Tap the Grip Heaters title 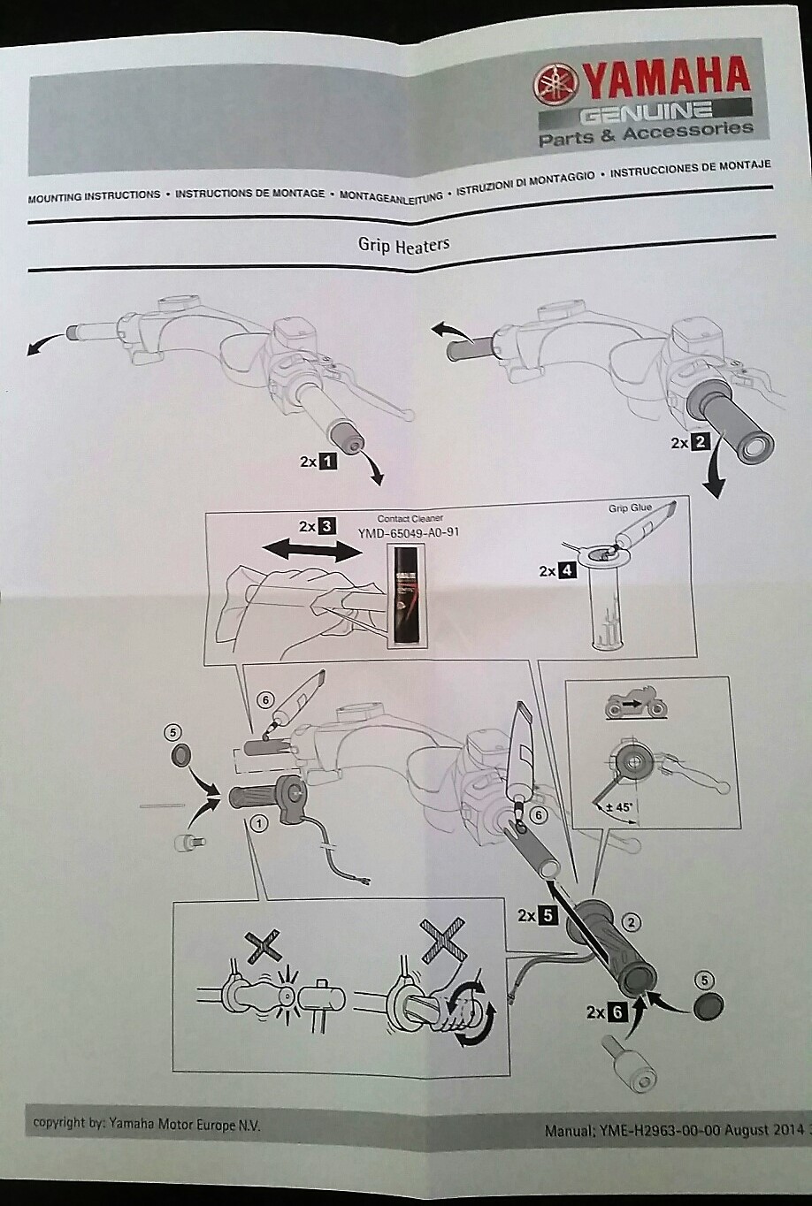click(x=403, y=245)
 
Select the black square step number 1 click(x=327, y=461)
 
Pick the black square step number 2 click(x=700, y=442)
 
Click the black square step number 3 click(x=327, y=526)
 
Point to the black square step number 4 click(x=567, y=570)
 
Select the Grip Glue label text click(x=630, y=508)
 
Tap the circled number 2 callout click(x=631, y=923)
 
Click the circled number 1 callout click(x=259, y=824)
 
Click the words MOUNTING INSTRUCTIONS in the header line click(x=94, y=196)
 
